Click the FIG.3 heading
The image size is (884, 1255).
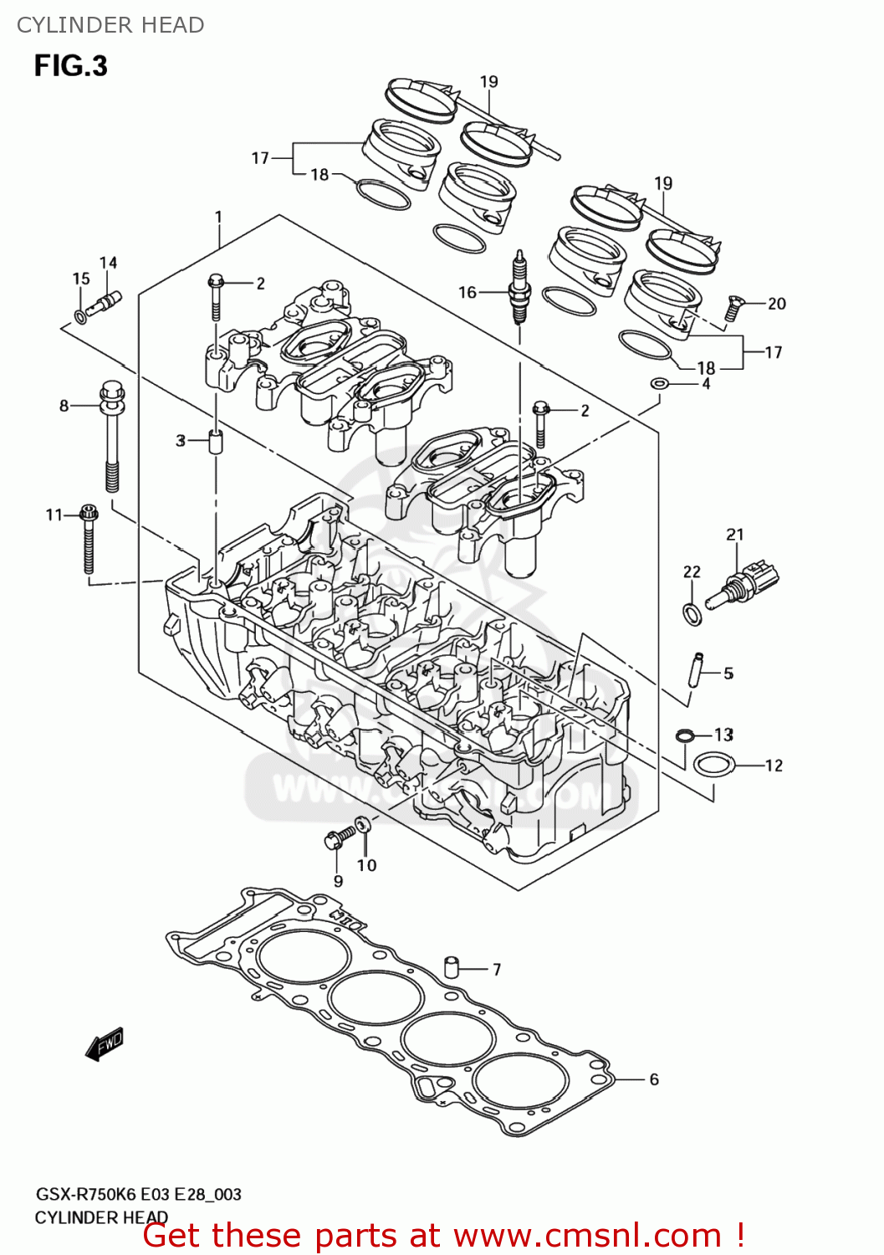(x=71, y=66)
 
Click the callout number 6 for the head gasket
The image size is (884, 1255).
(x=654, y=1079)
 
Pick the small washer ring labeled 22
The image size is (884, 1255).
(x=692, y=613)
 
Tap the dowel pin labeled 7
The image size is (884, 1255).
(x=452, y=967)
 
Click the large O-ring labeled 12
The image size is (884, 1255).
(x=714, y=765)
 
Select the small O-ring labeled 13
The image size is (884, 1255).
(x=685, y=735)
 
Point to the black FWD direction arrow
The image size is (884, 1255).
(x=105, y=1044)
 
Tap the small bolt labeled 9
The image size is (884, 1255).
(x=336, y=838)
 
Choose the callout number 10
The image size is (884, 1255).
(x=367, y=865)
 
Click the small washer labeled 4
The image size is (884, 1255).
(x=660, y=383)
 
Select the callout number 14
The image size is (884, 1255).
(x=109, y=263)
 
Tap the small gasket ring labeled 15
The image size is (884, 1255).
(x=80, y=315)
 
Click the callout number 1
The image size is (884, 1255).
(x=218, y=218)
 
